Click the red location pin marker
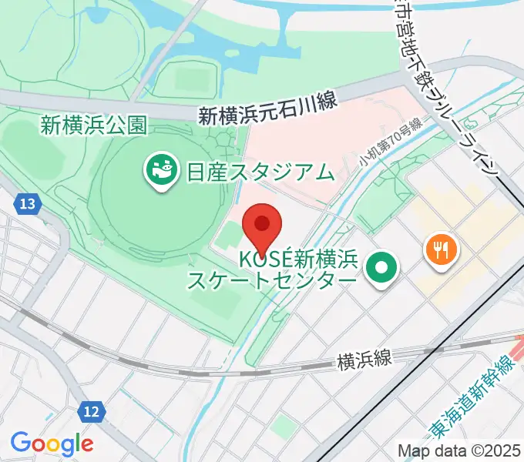262,226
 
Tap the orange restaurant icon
441,249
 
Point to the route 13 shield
28,204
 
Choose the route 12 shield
91,412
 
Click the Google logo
52,444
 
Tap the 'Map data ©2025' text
458,450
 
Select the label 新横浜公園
94,125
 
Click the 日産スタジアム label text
260,171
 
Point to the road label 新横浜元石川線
267,116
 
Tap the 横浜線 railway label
364,359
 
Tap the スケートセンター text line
273,280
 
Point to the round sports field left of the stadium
27,142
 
